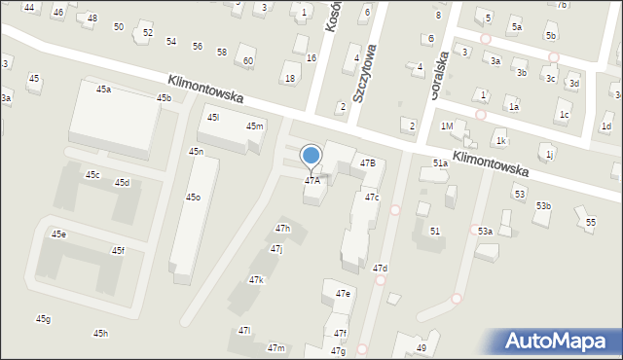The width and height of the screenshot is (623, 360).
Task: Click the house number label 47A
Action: point(311,180)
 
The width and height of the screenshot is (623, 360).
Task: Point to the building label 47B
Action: point(367,162)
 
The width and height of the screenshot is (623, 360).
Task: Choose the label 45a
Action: point(103,89)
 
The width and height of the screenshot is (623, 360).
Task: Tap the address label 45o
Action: point(193,198)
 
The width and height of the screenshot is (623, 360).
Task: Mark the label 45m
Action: point(254,126)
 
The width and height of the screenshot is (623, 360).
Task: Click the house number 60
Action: point(248,61)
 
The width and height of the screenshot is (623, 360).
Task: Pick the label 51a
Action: point(440,163)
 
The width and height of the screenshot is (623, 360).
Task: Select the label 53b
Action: point(542,205)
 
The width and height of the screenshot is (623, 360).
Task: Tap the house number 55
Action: point(590,223)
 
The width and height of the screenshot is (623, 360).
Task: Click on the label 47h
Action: point(282,228)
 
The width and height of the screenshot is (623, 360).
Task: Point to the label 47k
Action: point(256,279)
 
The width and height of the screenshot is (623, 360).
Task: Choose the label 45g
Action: point(43,319)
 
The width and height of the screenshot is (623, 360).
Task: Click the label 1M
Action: point(446,126)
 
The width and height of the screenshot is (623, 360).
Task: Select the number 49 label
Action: point(421,348)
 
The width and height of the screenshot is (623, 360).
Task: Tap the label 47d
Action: point(380,268)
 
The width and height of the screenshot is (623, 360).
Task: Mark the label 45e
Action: point(58,234)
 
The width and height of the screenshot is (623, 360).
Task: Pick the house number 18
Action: point(289,78)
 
